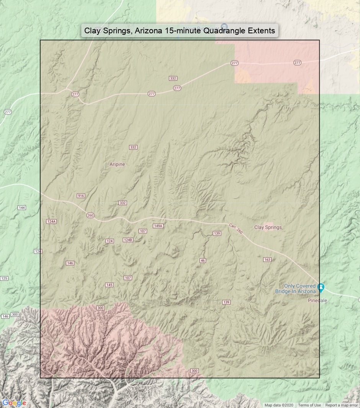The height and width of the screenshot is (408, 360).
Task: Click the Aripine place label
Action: (x=117, y=164)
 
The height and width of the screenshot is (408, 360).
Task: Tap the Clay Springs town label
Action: (x=268, y=227)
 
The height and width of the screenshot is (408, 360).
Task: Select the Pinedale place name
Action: (x=317, y=301)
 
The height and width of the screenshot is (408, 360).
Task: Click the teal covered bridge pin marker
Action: (x=321, y=287)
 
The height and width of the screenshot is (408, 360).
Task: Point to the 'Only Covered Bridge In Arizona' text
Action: (x=300, y=288)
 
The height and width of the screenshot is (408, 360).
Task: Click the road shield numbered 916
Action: (x=81, y=196)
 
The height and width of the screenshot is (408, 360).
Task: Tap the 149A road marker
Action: (x=158, y=226)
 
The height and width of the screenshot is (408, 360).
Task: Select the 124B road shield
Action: (x=128, y=240)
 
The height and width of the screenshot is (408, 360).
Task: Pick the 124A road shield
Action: (x=51, y=221)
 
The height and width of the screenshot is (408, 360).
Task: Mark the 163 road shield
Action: (x=267, y=260)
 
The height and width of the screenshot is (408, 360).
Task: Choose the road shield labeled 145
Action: (x=110, y=285)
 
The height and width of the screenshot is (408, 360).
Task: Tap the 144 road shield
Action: (x=22, y=208)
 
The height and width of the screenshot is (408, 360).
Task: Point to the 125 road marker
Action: (x=4, y=278)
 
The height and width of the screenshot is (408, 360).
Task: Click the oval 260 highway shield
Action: (x=90, y=215)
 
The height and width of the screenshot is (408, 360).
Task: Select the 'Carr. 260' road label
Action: (x=236, y=228)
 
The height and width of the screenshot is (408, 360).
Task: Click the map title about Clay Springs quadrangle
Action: (x=180, y=31)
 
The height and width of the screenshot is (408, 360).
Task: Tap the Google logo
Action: (x=14, y=403)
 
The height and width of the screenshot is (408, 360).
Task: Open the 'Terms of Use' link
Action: (x=309, y=405)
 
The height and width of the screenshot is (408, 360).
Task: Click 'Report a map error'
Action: (x=342, y=405)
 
